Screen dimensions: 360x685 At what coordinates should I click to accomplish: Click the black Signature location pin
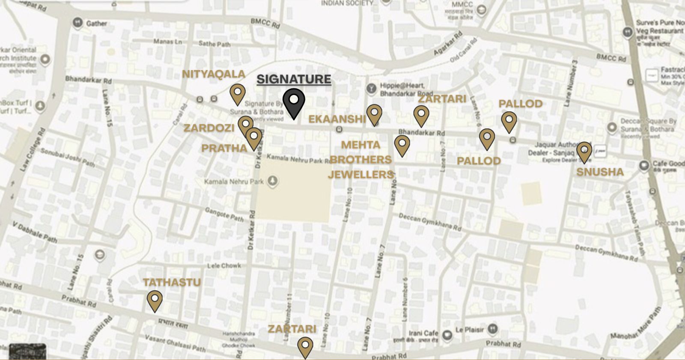point(294,102)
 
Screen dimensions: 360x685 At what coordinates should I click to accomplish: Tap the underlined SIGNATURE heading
point(294,79)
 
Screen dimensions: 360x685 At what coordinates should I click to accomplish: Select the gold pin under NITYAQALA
point(238,93)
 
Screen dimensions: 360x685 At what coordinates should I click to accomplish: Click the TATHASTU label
point(172,283)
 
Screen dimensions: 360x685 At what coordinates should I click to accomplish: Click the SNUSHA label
point(600,172)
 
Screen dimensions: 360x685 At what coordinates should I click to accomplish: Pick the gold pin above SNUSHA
point(584,152)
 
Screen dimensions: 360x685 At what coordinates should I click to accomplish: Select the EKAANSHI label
point(337,119)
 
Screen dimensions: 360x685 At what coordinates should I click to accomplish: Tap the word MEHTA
point(360,145)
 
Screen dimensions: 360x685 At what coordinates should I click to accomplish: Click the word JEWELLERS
point(360,175)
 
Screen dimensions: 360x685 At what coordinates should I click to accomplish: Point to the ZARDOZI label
point(209,128)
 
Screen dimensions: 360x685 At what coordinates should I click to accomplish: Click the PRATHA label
point(224,149)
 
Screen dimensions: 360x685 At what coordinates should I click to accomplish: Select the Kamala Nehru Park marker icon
point(272,181)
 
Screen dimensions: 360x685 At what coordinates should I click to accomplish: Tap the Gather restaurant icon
point(77,23)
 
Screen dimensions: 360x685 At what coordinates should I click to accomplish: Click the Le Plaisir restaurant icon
point(493,329)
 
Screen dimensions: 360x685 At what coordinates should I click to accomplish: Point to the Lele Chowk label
point(224,266)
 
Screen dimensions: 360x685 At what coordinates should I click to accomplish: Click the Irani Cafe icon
point(447,335)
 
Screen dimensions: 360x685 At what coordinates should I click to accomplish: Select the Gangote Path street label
point(224,214)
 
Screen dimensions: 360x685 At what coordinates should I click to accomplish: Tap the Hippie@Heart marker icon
point(371,89)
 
